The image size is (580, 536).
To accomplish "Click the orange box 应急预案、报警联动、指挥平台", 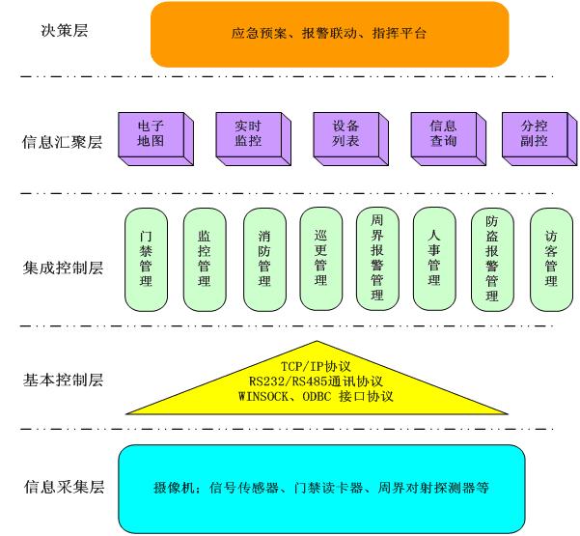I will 329,34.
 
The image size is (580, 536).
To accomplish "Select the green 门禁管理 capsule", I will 146,258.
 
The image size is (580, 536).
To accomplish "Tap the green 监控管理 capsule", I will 204,258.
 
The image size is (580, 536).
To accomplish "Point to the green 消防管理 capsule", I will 263,258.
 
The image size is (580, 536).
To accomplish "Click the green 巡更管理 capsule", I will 320,258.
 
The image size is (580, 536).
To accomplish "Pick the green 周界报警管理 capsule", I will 376,258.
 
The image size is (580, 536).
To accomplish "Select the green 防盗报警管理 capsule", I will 492,258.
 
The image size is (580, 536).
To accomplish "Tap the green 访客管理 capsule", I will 551,258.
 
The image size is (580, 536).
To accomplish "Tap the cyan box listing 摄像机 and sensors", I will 322,488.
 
